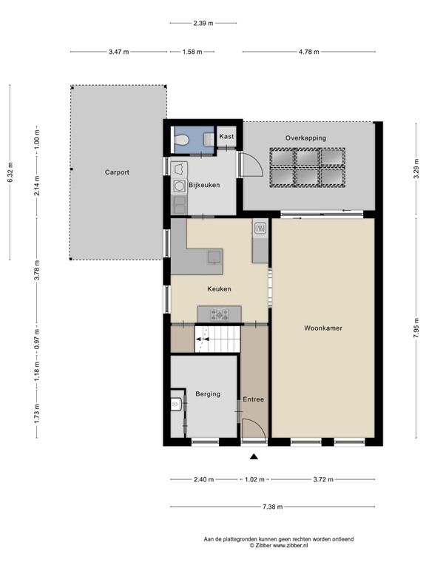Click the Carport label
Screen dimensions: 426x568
pos(117,172)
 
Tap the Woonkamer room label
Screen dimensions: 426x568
pos(323,328)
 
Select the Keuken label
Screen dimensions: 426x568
pos(219,288)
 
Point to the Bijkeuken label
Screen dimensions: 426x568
pos(204,185)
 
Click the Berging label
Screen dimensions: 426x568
pos(208,393)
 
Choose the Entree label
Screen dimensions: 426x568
pos(253,399)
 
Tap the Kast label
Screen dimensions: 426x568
pos(226,136)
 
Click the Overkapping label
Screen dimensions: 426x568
pos(305,138)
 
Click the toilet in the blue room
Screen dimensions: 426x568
pos(181,139)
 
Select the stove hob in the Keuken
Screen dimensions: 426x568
pos(220,314)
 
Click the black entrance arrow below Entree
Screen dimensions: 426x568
pos(254,456)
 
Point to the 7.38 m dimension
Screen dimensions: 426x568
pos(273,507)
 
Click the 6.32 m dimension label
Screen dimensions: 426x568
pos(10,172)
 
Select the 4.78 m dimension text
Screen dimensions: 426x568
pos(309,52)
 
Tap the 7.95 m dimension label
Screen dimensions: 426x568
pos(416,328)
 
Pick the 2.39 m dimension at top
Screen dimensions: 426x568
pos(203,23)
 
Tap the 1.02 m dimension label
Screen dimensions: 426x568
pos(254,479)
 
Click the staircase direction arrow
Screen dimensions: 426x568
pos(202,339)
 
